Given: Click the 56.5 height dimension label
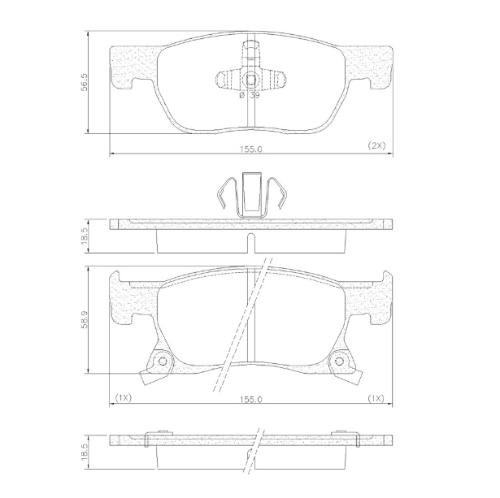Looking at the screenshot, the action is (x=85, y=82).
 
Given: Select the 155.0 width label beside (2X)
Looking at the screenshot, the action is (x=251, y=149).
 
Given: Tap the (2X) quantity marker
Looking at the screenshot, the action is (x=376, y=145).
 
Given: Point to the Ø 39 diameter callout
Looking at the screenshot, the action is (x=250, y=95).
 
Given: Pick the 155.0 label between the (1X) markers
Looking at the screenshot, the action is (x=251, y=400).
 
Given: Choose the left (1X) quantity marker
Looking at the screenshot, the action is (x=123, y=397).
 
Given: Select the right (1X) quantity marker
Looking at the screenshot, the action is (x=376, y=398).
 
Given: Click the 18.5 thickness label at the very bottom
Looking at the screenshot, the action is (x=85, y=451).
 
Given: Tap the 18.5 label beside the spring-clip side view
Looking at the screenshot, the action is (x=85, y=236).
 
